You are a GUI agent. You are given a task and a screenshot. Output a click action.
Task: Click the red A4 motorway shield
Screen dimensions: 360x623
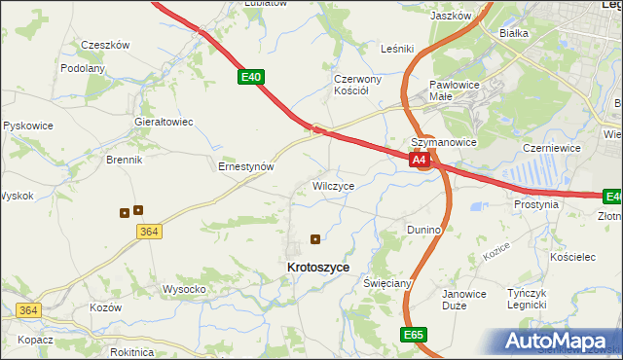(x=420, y=160)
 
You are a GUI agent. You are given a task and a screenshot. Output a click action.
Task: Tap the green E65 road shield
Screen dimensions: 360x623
(x=414, y=334)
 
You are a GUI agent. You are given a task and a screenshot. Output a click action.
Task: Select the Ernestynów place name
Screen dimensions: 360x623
(x=245, y=166)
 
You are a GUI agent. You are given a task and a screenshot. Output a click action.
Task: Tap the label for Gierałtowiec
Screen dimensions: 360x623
(x=164, y=123)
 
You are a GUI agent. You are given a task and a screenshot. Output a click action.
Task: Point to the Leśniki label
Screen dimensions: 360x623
(x=398, y=48)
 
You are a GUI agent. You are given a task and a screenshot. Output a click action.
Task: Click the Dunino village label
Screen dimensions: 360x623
(x=424, y=230)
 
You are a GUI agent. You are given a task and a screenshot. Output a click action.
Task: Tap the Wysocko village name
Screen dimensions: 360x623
(x=183, y=289)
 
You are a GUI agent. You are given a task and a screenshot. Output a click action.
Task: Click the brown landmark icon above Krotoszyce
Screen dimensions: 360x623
(x=314, y=238)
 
